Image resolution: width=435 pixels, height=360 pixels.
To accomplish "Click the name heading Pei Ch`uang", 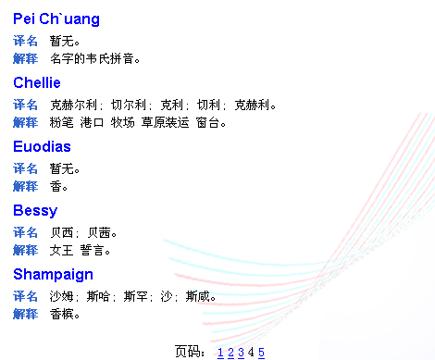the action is click(x=56, y=19).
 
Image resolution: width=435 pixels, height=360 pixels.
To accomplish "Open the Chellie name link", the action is click(x=37, y=82).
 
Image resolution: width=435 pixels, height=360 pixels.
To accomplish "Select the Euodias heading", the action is click(x=42, y=146).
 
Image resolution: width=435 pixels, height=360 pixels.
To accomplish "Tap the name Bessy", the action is click(x=35, y=211).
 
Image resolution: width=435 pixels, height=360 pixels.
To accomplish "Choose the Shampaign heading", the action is click(x=53, y=275).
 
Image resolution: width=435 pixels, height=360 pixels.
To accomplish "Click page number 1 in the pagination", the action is click(x=220, y=353).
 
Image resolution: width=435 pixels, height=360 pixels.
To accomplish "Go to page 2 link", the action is click(x=230, y=353).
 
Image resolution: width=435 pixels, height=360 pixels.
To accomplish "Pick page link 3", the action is click(x=241, y=353).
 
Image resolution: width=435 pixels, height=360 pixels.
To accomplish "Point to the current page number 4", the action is click(x=251, y=352).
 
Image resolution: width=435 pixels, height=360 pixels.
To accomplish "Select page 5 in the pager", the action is click(x=261, y=353).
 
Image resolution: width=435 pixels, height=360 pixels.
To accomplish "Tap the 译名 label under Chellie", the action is click(x=25, y=105).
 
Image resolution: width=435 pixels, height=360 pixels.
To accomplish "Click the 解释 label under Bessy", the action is click(x=25, y=250).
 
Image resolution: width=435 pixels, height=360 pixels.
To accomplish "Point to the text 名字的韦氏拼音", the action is click(x=92, y=58).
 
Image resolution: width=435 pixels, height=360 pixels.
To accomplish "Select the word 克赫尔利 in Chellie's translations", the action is click(x=74, y=105).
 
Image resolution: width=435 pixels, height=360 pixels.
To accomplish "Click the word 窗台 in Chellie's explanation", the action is click(x=207, y=123).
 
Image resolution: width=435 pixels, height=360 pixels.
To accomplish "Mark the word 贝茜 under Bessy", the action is click(x=99, y=232).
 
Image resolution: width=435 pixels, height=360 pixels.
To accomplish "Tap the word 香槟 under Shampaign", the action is click(x=61, y=315).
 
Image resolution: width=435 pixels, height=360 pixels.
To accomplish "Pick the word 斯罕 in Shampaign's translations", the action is click(x=135, y=296).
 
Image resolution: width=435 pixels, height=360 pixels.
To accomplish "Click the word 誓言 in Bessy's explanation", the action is click(x=92, y=250).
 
